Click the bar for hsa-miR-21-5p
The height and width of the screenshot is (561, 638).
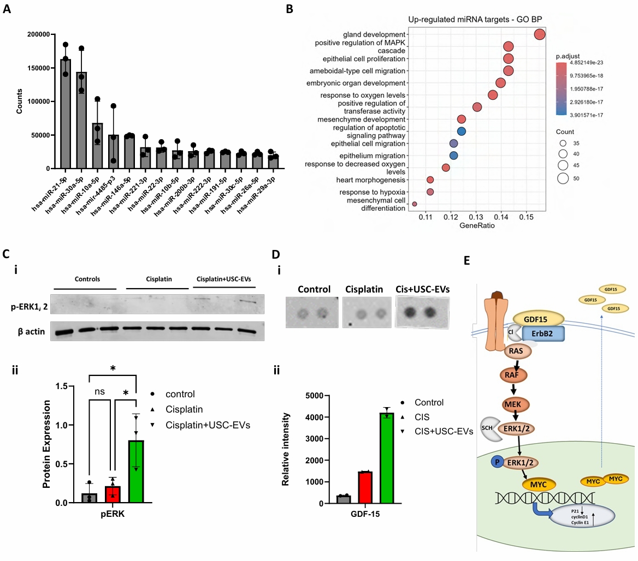pos(66,114)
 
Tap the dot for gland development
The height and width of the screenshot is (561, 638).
pos(540,34)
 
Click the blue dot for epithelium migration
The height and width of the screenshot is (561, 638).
pos(454,156)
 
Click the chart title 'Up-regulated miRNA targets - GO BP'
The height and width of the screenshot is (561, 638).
pos(475,20)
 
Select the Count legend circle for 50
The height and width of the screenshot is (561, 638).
pos(563,178)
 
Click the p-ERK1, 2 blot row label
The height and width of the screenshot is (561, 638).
pos(29,307)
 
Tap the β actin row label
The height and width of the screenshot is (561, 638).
pos(31,332)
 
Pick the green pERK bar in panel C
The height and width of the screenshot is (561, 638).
pos(137,472)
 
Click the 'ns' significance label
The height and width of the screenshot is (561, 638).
pos(99,391)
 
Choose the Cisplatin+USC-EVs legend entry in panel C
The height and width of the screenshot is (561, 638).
pos(208,425)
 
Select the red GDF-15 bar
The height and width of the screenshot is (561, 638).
pos(365,487)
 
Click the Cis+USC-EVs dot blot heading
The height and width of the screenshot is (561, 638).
pos(423,289)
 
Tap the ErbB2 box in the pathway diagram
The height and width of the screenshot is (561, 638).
pos(542,334)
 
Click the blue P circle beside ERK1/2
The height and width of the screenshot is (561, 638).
pos(497,462)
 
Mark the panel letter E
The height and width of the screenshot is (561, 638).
pos(466,260)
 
